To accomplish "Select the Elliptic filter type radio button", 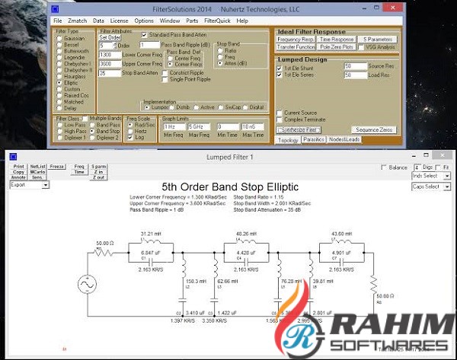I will (58, 83).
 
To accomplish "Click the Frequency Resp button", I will (295, 39).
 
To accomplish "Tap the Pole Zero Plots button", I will (336, 47).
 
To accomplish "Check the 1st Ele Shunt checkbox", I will (280, 66).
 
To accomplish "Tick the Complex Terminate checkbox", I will (280, 119).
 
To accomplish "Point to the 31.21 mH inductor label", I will (151, 233).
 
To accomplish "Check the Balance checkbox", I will (385, 167).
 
